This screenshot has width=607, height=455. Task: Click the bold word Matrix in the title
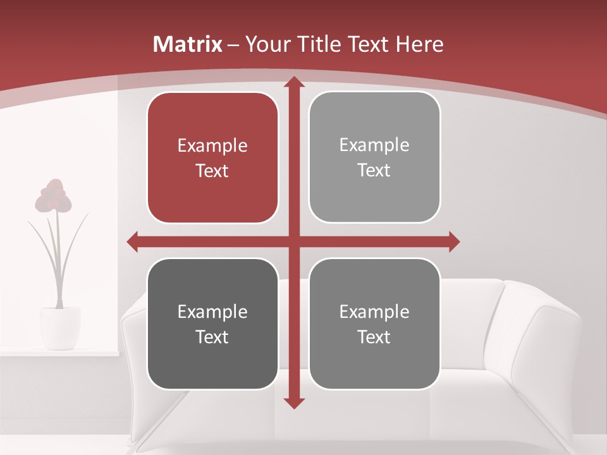188,44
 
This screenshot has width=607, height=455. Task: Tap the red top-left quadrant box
212,158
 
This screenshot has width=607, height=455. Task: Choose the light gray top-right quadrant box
374,157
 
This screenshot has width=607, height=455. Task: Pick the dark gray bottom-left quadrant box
212,324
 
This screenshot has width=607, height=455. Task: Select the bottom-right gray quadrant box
374,324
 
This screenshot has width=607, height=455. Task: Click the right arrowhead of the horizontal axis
454,241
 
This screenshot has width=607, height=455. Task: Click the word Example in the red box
212,146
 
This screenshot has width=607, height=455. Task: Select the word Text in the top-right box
374,170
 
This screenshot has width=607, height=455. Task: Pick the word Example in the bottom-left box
212,312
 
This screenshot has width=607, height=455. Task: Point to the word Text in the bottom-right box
374,337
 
